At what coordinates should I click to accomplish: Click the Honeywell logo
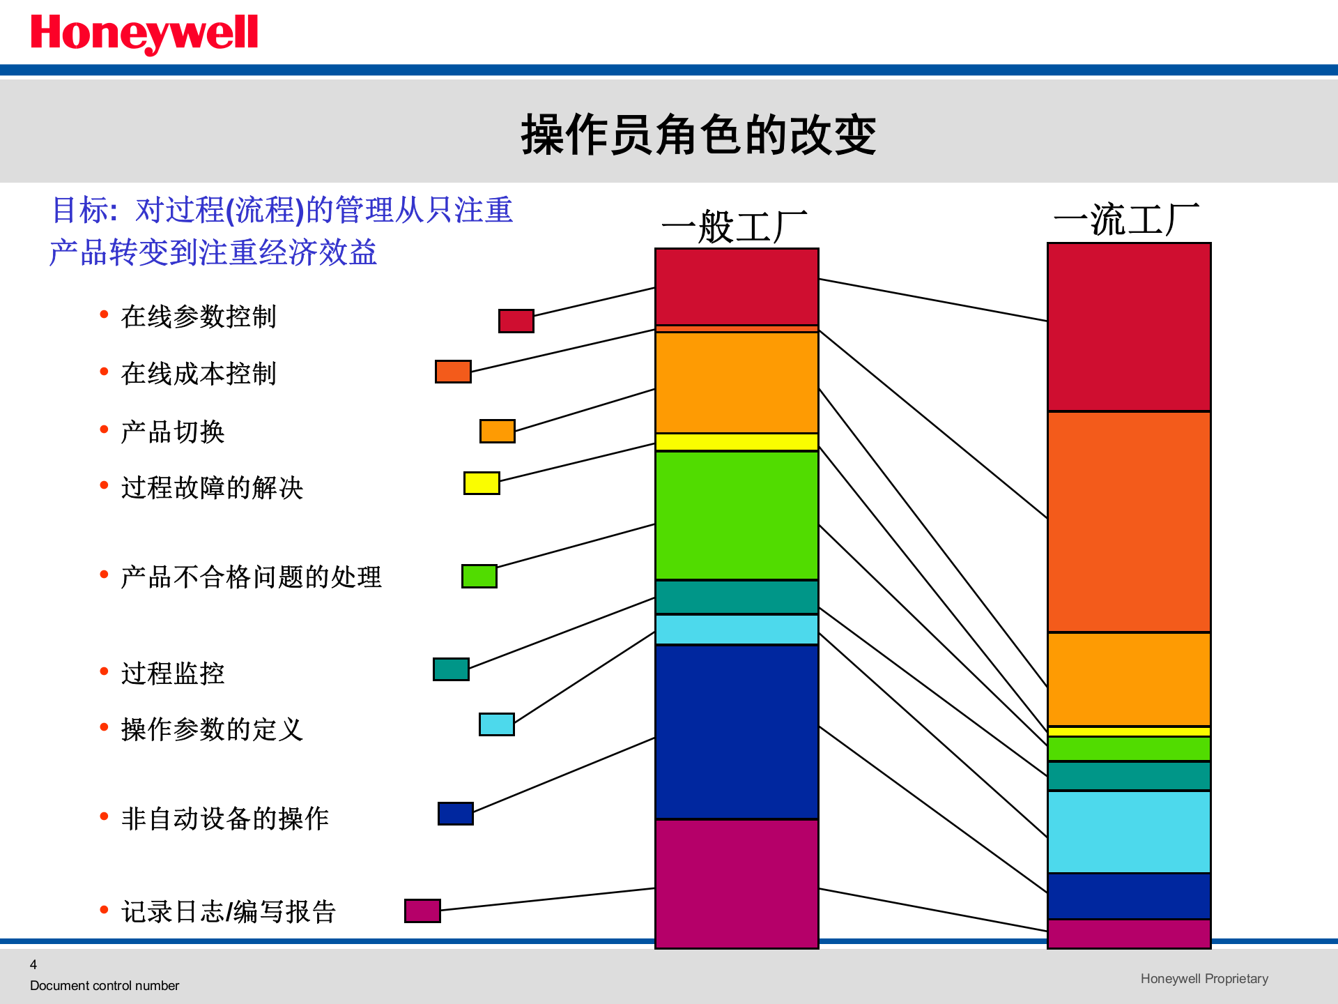click(144, 33)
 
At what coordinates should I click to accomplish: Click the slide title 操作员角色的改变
click(698, 134)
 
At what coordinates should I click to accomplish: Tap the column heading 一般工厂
click(735, 227)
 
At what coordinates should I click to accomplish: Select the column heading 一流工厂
click(1126, 220)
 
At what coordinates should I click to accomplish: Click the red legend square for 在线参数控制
click(516, 321)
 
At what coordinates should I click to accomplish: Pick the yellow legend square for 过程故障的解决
click(482, 482)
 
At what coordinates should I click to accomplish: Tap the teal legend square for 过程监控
click(451, 669)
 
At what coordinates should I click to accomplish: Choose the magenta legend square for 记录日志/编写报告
click(422, 911)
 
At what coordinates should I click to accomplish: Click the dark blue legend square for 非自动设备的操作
click(456, 813)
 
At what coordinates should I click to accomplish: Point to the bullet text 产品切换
click(173, 432)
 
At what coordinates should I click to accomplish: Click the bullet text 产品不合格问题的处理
click(251, 577)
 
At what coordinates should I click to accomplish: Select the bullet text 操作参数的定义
click(212, 729)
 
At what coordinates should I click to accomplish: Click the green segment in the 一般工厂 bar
click(737, 515)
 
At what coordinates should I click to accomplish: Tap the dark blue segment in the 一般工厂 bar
click(737, 731)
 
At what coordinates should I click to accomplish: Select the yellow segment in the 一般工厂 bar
click(737, 441)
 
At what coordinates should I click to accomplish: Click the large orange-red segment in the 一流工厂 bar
click(1129, 522)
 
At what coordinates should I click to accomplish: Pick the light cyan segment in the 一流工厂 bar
click(1129, 831)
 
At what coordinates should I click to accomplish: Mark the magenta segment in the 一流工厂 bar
click(1129, 934)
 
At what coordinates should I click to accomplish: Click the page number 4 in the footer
click(33, 964)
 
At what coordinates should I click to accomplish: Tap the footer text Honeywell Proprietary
click(1204, 978)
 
